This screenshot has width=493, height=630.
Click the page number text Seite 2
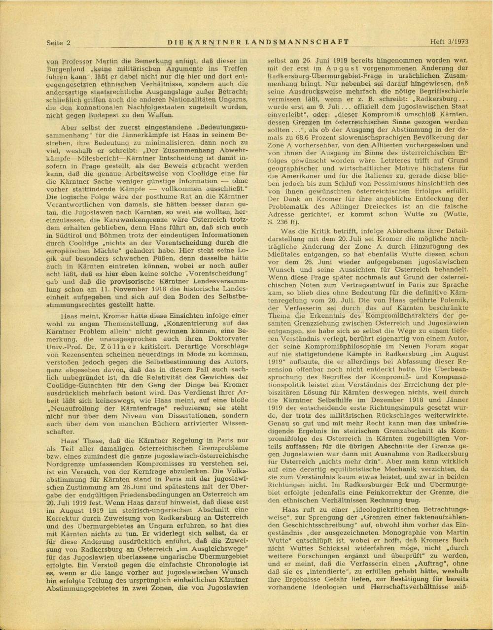(58, 43)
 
